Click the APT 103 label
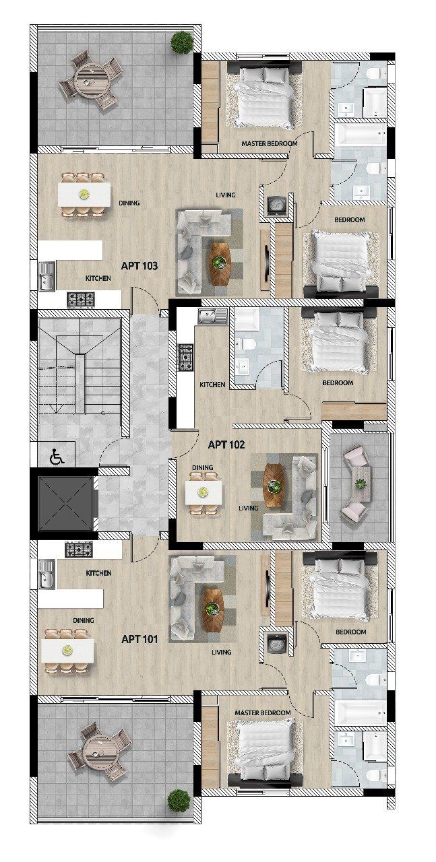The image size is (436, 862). point(139,266)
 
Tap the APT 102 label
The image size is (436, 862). point(226,444)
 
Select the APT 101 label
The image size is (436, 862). point(139,638)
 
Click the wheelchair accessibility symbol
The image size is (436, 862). point(57,457)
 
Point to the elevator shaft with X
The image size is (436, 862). point(65,503)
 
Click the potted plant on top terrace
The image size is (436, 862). point(182,42)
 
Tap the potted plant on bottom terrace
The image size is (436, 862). point(179,801)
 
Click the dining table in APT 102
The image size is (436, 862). point(204,492)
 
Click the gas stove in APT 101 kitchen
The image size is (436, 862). point(78,549)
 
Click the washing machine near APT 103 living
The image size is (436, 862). point(277,205)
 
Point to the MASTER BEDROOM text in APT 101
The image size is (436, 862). point(263,712)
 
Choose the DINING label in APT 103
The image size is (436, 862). point(129,202)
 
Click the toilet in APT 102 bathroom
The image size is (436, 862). point(247,345)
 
